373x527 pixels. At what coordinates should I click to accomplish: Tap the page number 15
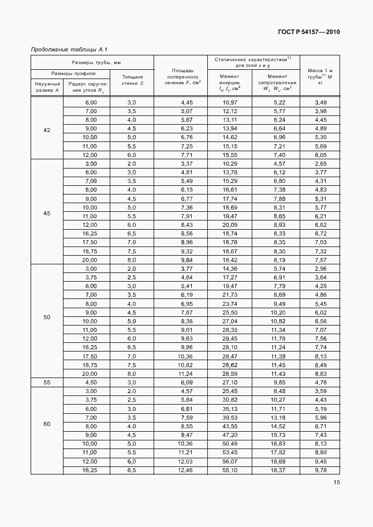click(336, 483)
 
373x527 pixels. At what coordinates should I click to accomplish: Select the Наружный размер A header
click(47, 87)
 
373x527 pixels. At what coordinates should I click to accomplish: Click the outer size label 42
click(47, 130)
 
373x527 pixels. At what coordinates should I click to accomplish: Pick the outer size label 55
click(47, 382)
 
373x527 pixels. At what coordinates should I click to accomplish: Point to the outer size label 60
click(47, 424)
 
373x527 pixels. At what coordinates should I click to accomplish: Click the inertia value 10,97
click(230, 102)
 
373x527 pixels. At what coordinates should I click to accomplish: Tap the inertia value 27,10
click(230, 382)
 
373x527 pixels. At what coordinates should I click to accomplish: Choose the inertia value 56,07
click(230, 462)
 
